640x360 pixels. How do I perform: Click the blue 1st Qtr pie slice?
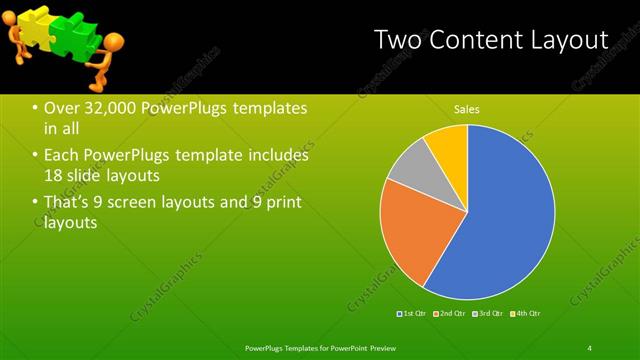coord(500,220)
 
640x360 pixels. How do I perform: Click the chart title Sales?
coord(467,109)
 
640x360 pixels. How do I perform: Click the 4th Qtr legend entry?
coord(527,314)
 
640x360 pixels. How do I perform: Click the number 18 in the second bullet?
coord(54,176)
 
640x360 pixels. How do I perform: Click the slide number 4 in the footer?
coord(589,348)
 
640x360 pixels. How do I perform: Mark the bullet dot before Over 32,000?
coord(35,108)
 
